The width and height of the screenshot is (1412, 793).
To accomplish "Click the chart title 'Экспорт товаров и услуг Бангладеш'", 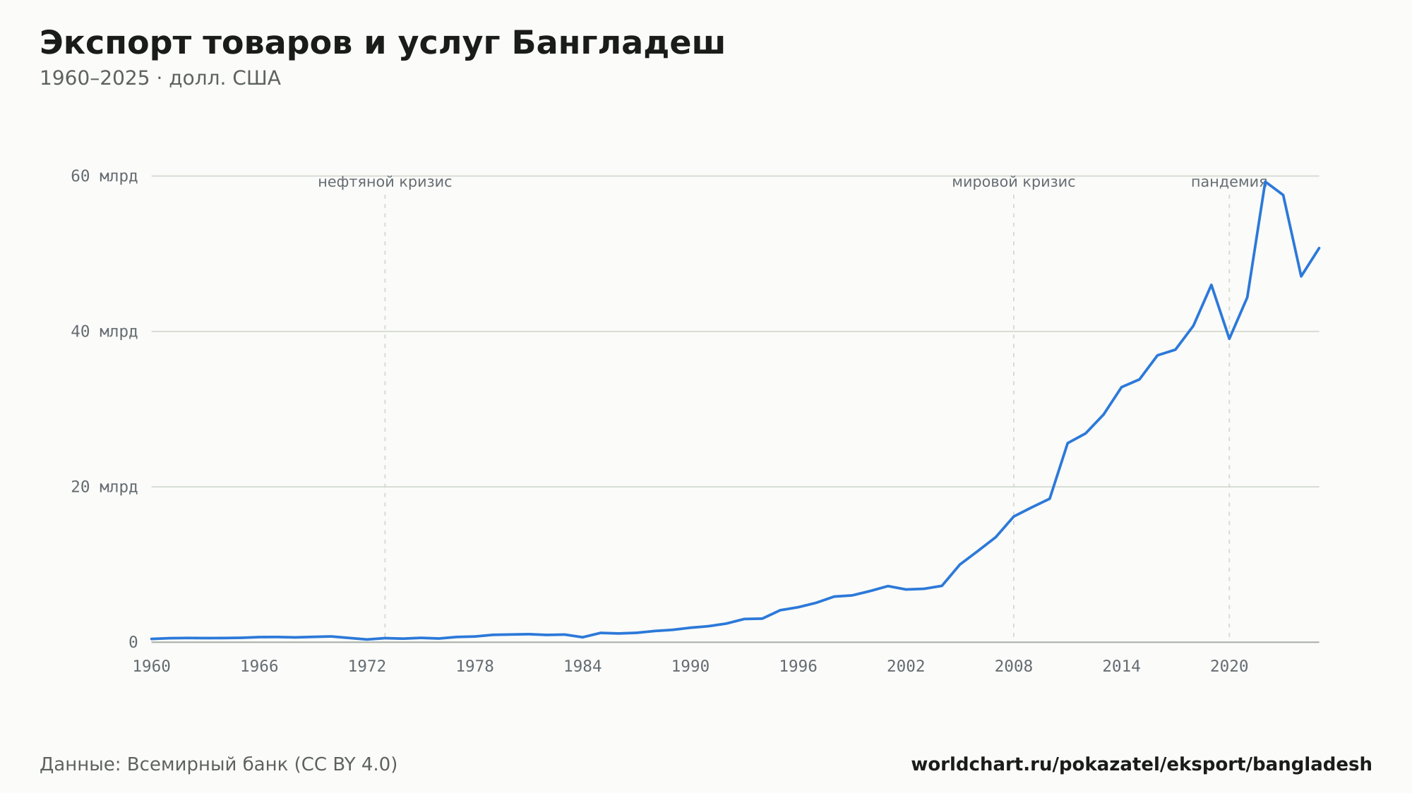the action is click(x=382, y=44).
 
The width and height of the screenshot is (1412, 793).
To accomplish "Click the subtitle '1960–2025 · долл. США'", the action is click(x=160, y=78).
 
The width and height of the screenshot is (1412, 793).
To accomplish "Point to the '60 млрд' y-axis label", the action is click(x=104, y=176).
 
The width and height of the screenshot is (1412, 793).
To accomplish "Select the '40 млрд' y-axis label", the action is click(x=104, y=332).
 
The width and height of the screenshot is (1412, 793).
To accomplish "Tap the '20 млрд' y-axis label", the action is click(x=104, y=487).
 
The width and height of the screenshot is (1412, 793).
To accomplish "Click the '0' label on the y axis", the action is click(x=133, y=642).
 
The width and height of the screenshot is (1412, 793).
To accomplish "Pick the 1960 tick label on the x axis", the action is click(x=152, y=667).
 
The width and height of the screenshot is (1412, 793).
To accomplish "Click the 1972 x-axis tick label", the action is click(x=367, y=667).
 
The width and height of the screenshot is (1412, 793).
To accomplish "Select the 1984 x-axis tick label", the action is click(x=582, y=667).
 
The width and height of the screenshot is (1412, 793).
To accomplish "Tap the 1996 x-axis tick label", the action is click(x=798, y=667).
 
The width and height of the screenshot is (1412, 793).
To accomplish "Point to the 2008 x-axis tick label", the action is click(x=1014, y=667).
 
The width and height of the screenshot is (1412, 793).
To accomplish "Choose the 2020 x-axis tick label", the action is click(x=1229, y=667).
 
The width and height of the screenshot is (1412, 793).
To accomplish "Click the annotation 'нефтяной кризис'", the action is click(x=385, y=182).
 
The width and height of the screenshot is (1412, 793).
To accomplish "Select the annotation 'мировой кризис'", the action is click(x=1014, y=182).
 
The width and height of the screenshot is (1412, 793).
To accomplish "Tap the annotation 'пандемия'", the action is click(x=1229, y=182).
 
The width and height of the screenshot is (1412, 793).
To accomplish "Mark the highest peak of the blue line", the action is click(x=1265, y=182).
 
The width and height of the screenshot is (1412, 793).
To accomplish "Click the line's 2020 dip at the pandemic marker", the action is click(x=1229, y=339).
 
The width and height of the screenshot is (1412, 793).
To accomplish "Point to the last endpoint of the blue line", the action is click(x=1319, y=248).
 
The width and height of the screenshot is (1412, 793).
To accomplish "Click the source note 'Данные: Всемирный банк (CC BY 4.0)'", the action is click(x=219, y=765).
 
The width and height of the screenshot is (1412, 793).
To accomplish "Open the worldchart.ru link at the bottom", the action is click(x=1142, y=765).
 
